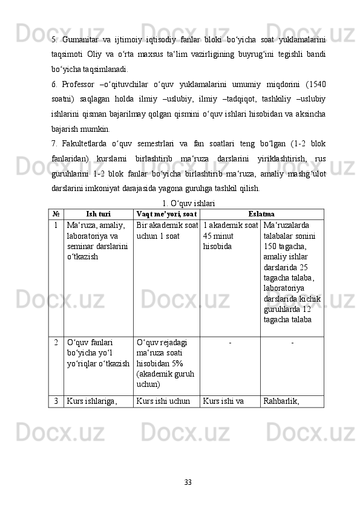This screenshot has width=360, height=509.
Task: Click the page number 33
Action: point(188,481)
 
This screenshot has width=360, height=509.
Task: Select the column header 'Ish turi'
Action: point(98,214)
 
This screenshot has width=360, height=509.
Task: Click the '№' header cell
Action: point(56,214)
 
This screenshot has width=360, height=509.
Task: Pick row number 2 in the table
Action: point(56,342)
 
